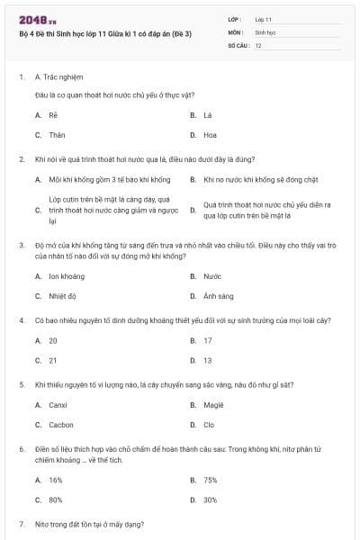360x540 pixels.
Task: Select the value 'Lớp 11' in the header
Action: (264, 18)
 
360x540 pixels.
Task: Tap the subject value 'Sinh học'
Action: (265, 31)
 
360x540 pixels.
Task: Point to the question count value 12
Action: (258, 45)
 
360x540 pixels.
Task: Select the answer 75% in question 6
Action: (211, 480)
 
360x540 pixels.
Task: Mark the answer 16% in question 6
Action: (56, 480)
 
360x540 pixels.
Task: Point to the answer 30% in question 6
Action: (211, 499)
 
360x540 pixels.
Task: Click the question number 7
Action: (21, 524)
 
